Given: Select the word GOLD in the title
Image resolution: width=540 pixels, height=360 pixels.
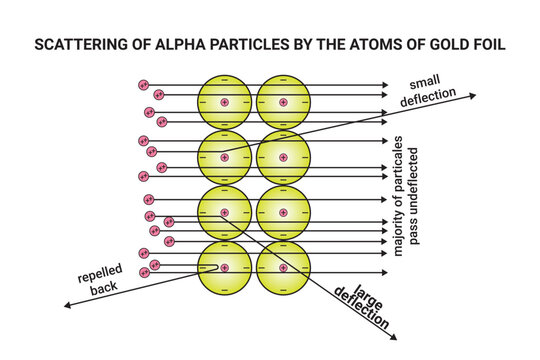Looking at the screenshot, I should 430,46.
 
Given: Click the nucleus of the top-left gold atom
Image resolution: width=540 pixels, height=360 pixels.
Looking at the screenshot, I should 224,102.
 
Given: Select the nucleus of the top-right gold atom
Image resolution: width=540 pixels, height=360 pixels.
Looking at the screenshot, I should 283,102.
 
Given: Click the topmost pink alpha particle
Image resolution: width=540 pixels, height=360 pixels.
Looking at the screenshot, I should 144,86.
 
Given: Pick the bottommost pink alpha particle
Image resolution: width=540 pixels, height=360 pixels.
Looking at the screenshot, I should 145,272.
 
